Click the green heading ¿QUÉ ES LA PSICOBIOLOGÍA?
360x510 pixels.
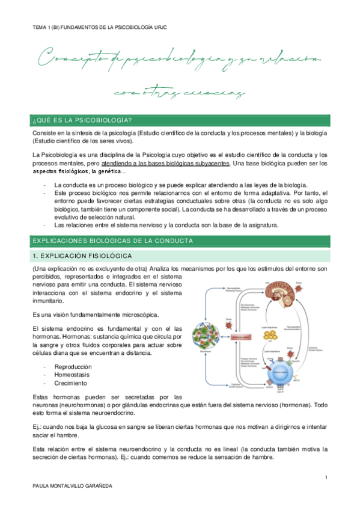click(x=83, y=118)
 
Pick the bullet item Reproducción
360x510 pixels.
click(x=73, y=366)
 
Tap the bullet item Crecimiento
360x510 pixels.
click(x=70, y=383)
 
